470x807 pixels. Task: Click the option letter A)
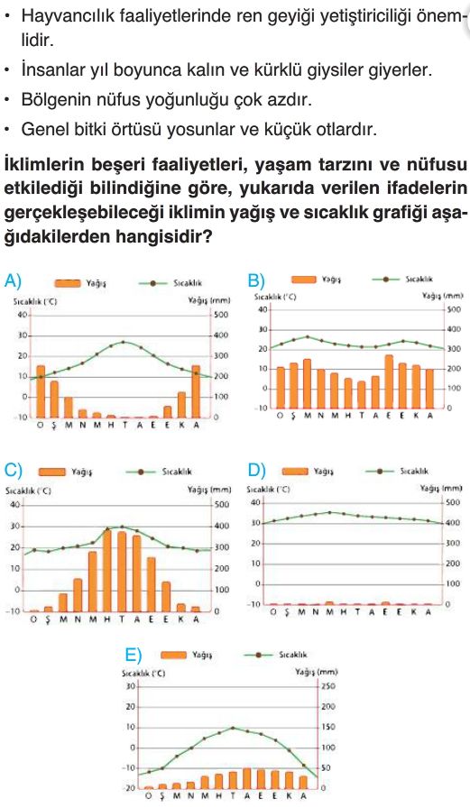13,281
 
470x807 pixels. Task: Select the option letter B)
256,280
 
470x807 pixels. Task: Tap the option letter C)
13,471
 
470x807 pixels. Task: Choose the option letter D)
256,471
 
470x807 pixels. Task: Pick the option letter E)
134,655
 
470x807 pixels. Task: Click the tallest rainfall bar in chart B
389,381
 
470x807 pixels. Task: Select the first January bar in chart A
41,391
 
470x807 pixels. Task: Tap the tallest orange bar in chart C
107,570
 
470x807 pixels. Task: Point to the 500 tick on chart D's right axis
453,502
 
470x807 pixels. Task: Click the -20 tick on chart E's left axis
130,788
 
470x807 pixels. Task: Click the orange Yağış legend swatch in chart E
173,656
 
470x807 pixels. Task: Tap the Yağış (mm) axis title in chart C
209,490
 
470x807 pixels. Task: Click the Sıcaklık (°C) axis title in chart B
275,297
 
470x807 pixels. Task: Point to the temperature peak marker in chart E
233,728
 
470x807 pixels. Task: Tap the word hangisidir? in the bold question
163,236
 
